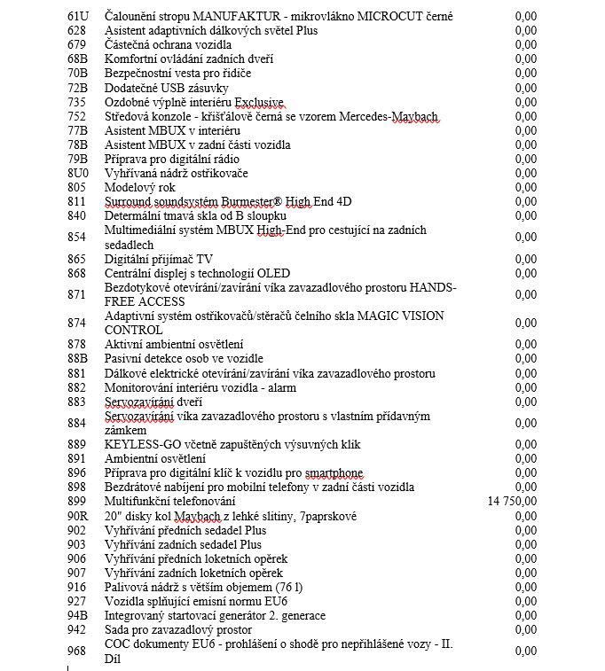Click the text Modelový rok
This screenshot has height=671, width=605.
coord(140,187)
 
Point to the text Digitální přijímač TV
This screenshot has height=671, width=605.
coord(159,259)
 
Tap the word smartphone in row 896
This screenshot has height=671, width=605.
coord(330,472)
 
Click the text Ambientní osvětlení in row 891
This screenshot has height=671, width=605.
coord(155,458)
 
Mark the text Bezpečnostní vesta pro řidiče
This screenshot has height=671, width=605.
coord(177,73)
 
